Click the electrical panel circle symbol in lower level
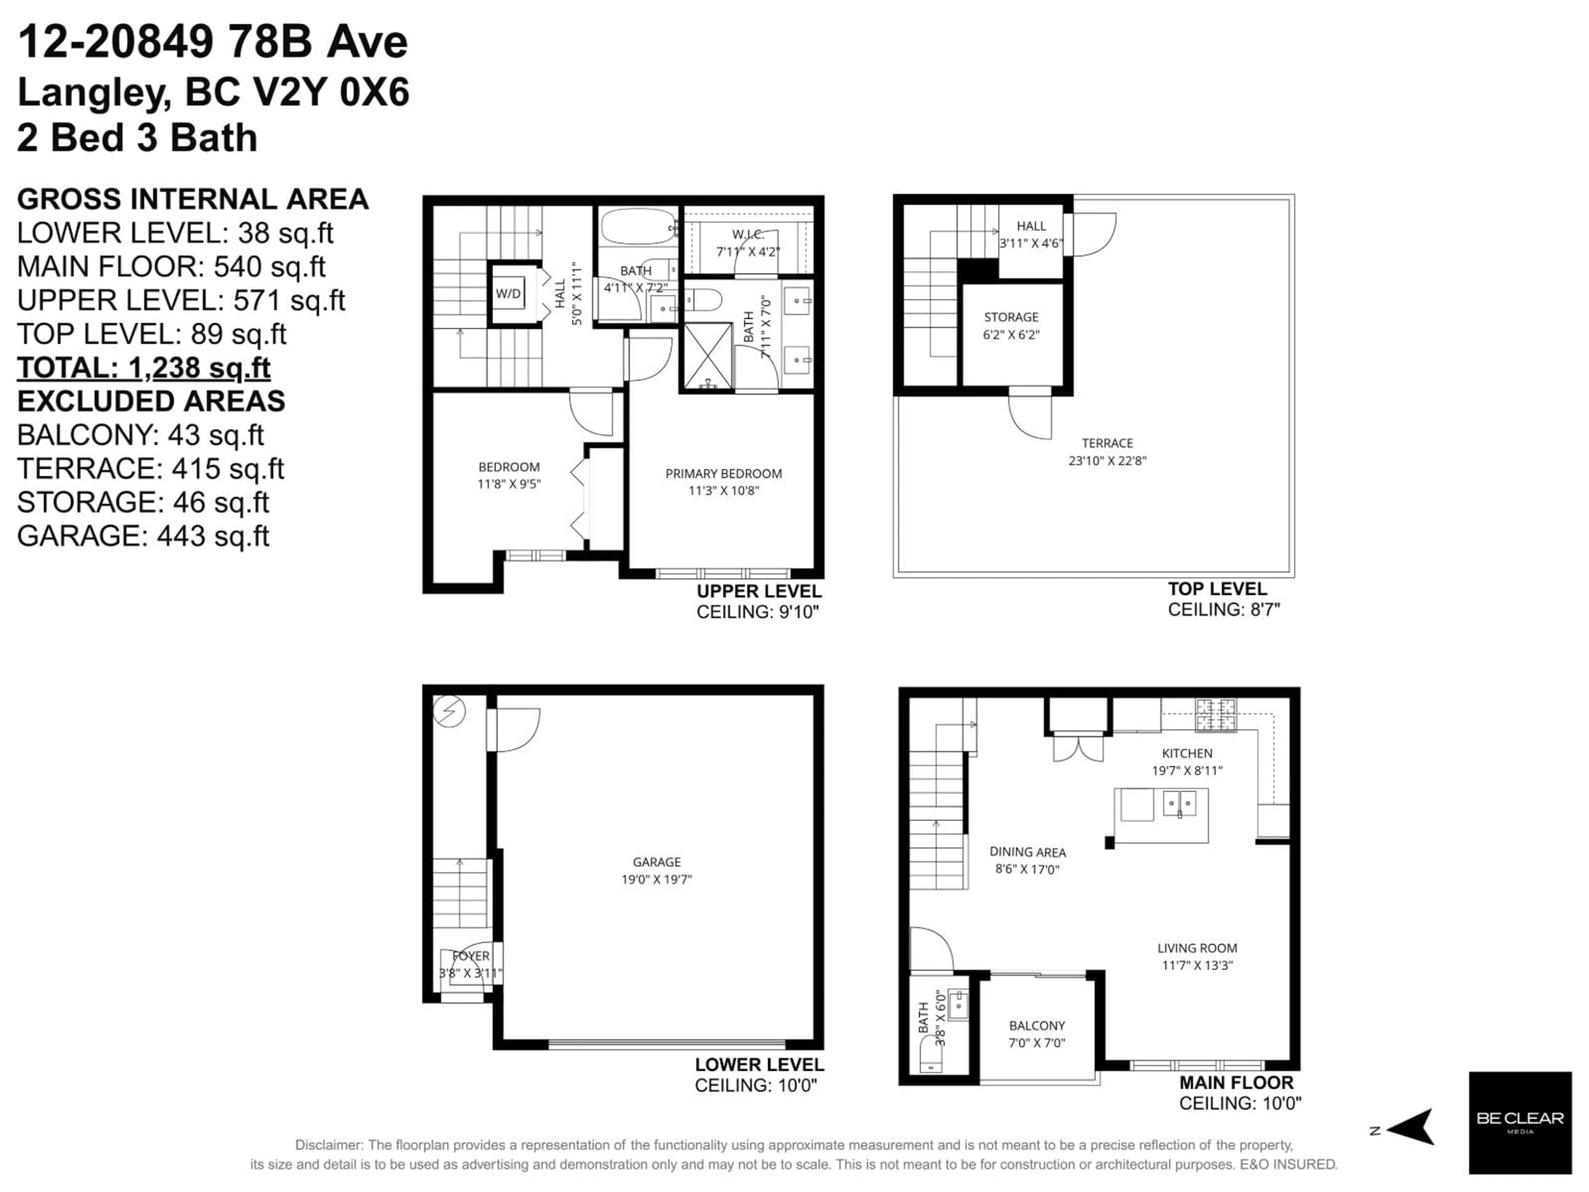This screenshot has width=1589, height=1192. (x=450, y=711)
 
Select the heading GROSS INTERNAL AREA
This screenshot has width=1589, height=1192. (x=192, y=199)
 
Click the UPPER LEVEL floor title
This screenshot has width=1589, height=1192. (x=758, y=591)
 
